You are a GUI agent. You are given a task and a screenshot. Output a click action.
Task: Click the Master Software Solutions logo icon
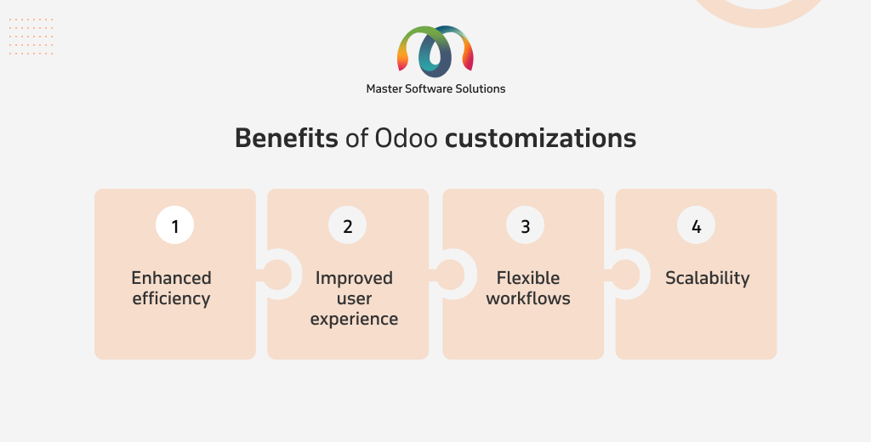point(435,51)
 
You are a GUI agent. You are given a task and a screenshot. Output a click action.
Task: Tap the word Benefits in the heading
point(286,138)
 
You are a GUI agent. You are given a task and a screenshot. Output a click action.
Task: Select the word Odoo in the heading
point(406,138)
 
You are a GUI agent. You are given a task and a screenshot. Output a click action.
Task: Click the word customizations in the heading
point(540,138)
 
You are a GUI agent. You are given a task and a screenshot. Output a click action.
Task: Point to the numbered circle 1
point(175,225)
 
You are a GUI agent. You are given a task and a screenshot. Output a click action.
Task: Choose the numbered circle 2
point(348,225)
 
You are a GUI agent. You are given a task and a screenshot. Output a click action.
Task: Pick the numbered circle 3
point(526,225)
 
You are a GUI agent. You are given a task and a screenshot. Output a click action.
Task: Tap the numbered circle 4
point(696,225)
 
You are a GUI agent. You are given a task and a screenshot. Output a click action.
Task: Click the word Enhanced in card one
point(171,278)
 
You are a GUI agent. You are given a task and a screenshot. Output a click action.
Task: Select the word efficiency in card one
point(171,298)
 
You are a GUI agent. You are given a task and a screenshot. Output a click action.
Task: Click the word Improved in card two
point(354,278)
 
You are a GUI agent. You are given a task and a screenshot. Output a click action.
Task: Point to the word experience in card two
point(354,320)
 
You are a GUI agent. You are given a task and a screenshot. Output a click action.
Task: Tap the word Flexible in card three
point(527,278)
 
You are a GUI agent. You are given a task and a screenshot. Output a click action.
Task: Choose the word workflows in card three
point(527,298)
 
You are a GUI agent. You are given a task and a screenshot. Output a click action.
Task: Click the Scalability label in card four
point(707,278)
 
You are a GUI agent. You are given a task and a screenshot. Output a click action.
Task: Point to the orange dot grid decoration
point(31,36)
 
